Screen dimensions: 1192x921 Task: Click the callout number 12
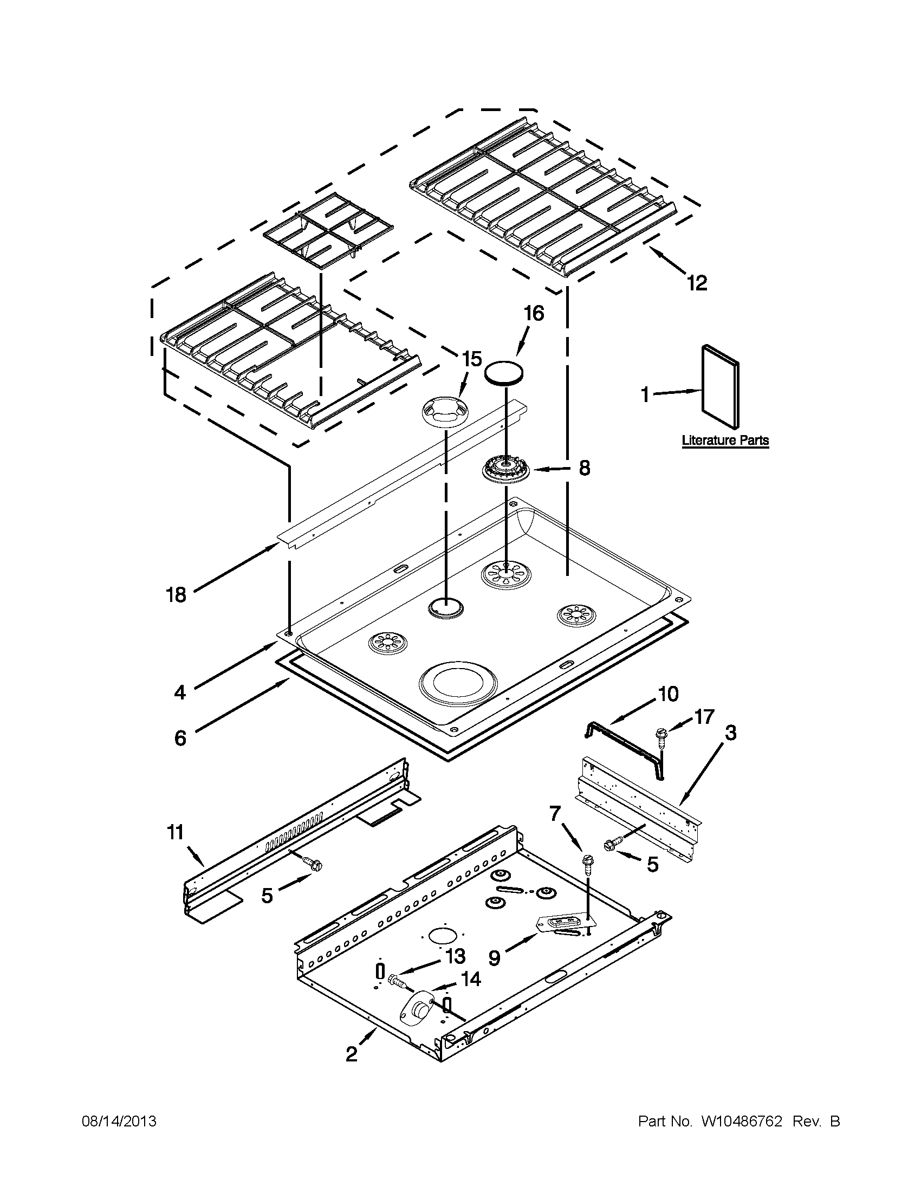697,282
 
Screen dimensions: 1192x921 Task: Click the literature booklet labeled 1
720,386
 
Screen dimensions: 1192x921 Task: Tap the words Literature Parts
725,440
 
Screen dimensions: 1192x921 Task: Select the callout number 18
176,594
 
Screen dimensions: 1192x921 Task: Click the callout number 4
179,692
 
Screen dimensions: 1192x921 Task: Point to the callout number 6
180,738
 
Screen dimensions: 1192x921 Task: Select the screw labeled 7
587,862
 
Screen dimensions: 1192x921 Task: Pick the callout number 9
494,958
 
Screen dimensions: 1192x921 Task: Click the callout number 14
470,979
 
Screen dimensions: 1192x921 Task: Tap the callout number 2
352,1054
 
